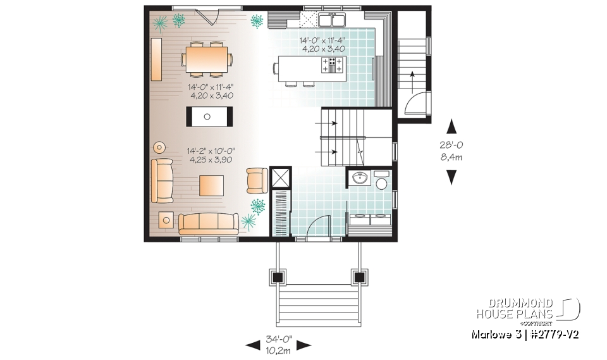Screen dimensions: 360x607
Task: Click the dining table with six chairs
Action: (206, 59)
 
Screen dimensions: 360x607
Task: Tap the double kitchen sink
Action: (333, 21)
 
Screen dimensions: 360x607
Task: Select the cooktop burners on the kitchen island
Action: (334, 64)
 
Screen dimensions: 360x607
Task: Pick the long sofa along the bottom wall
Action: (209, 223)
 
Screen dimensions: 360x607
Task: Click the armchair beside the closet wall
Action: (257, 180)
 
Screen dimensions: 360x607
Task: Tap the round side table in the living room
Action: (159, 147)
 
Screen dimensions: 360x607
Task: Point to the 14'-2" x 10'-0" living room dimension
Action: (211, 151)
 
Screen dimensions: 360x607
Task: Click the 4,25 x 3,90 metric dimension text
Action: (211, 160)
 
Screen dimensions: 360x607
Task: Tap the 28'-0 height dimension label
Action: (451, 145)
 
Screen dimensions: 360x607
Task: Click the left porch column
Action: (278, 276)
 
